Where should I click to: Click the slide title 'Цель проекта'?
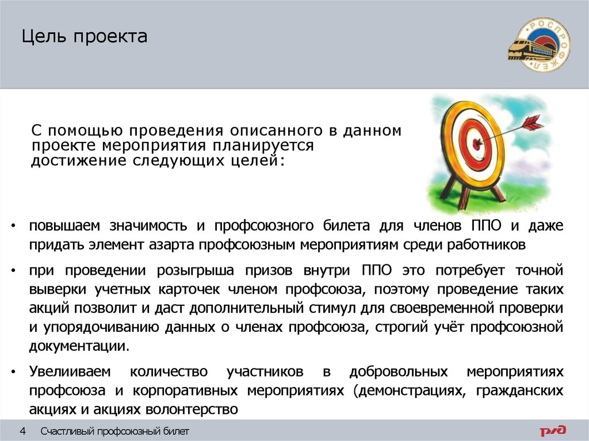[x=85, y=38]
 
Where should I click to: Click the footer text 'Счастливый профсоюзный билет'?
[x=114, y=431]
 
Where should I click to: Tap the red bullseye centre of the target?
[x=475, y=141]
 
